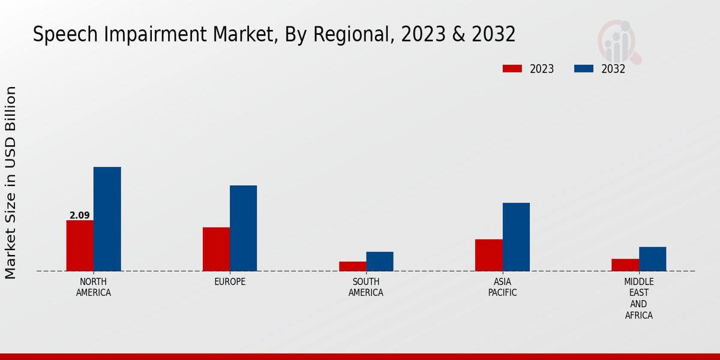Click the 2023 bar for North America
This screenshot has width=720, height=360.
[x=80, y=245]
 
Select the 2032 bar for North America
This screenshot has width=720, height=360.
[x=107, y=219]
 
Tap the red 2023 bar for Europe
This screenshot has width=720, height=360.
[x=216, y=249]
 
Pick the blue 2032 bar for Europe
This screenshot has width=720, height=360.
[x=243, y=228]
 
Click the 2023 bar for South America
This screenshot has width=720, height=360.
[x=352, y=266]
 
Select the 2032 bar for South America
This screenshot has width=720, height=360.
[x=380, y=262]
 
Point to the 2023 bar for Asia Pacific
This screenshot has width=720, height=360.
[x=489, y=255]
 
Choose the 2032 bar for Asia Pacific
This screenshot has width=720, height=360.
[x=516, y=237]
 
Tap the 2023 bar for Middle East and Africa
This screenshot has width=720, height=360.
[x=625, y=265]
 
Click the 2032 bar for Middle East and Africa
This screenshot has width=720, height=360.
[x=652, y=259]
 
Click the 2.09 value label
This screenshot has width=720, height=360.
[x=80, y=215]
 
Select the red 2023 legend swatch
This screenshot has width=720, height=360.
[x=512, y=68]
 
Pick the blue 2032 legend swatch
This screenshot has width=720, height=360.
[x=583, y=68]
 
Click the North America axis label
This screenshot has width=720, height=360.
[x=94, y=287]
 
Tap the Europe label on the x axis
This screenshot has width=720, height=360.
[x=230, y=282]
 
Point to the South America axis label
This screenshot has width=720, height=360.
[x=366, y=287]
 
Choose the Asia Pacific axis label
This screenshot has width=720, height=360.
[x=502, y=287]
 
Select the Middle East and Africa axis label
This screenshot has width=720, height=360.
[x=639, y=298]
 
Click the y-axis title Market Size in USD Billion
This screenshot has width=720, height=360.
[x=11, y=182]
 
